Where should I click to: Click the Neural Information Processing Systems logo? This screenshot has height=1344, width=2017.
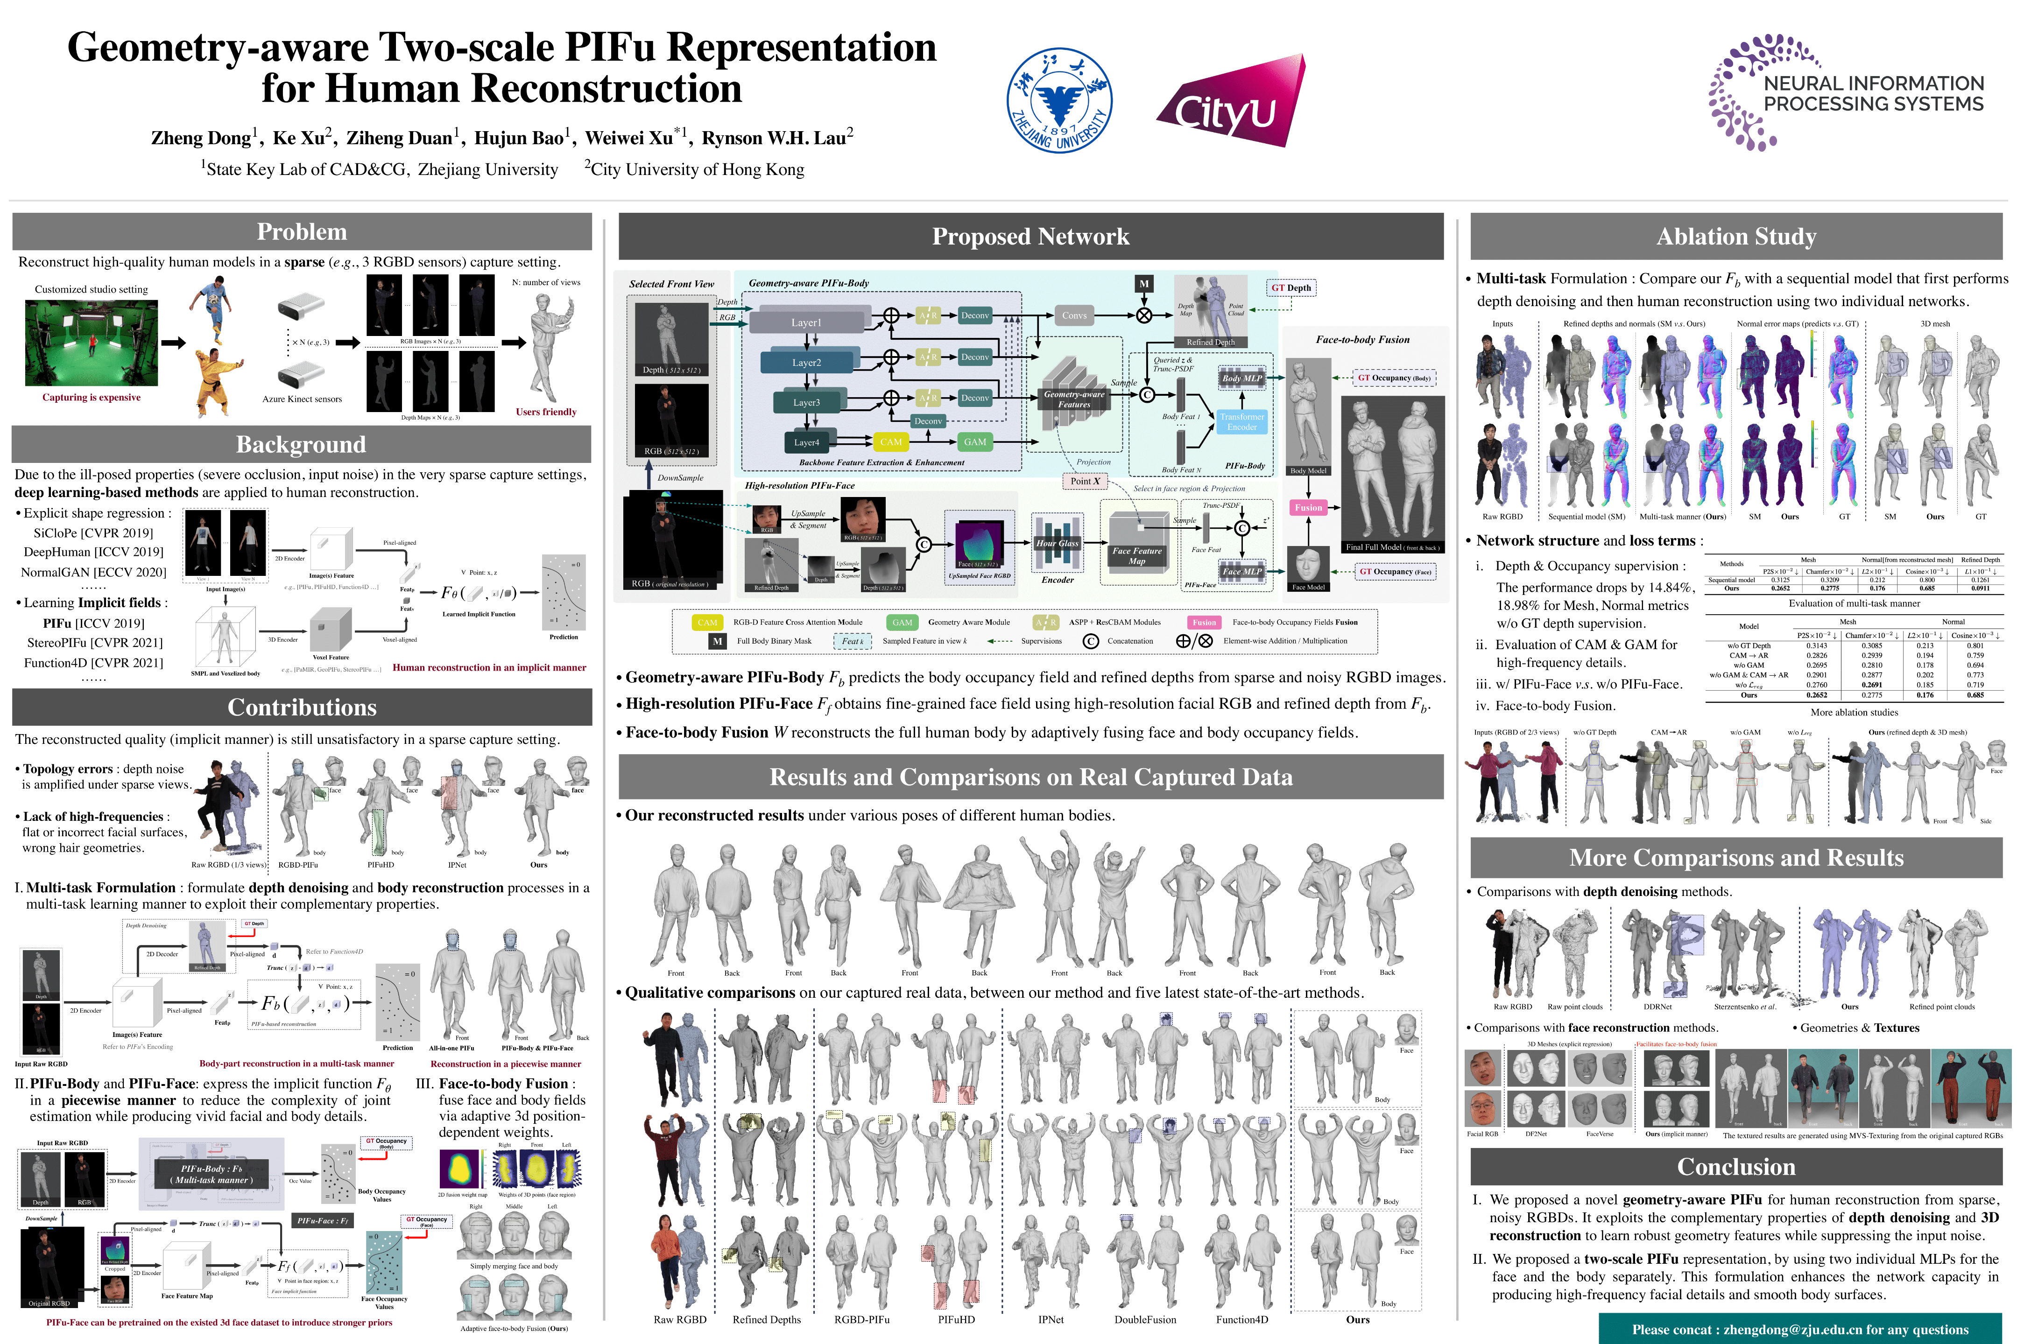pos(1846,92)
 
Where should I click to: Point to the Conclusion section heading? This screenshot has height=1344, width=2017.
pos(1736,1167)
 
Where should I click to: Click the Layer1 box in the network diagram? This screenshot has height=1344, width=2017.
pos(806,322)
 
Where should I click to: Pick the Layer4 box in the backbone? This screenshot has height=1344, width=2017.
pos(806,442)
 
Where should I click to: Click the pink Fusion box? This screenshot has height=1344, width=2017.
pos(1308,507)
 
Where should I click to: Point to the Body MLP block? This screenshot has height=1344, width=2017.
pos(1242,378)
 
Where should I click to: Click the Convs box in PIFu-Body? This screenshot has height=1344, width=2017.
pos(1074,315)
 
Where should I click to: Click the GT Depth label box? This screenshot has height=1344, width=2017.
pos(1291,288)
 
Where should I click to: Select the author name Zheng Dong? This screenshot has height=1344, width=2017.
pos(201,138)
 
